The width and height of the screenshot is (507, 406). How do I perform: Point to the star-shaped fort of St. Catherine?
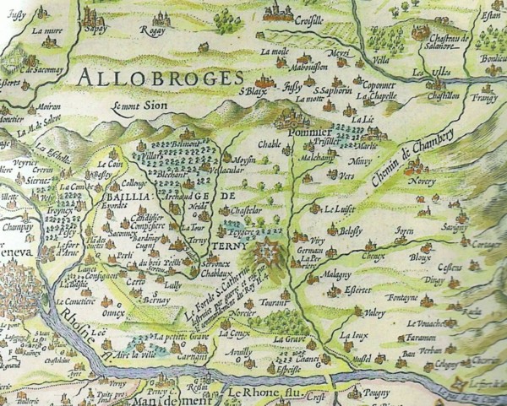pyautogui.click(x=264, y=251)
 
